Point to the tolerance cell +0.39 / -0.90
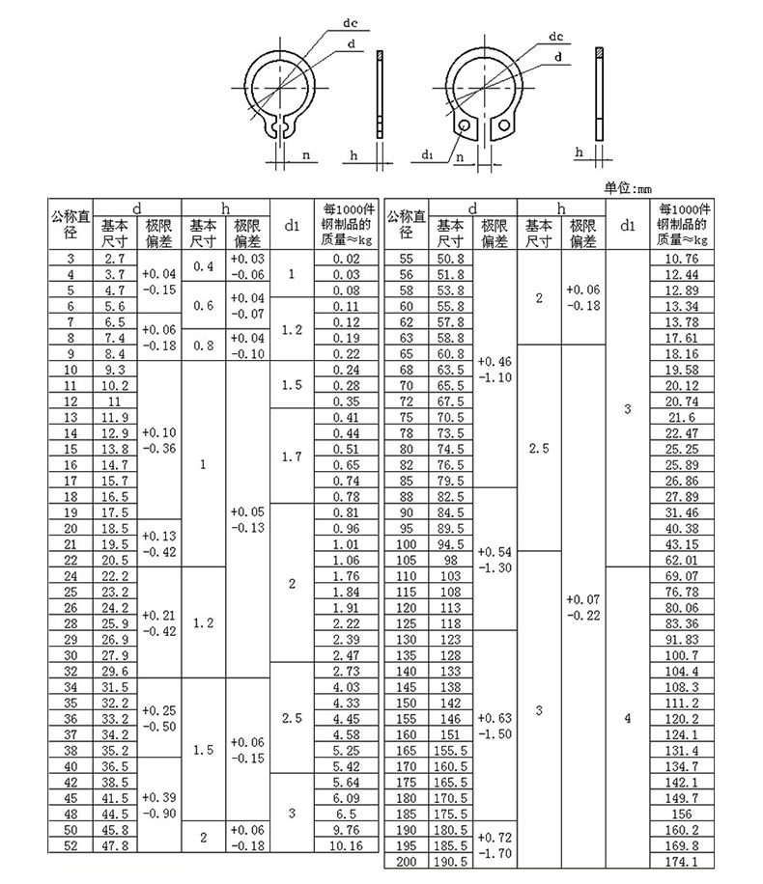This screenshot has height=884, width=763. pos(158,806)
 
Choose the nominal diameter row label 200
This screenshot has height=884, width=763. pos(406,861)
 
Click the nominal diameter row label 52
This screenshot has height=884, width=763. pos(70,846)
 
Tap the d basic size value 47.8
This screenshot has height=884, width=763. pos(115,846)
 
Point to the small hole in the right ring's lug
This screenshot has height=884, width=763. pos(466,125)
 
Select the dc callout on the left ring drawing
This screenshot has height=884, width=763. pos(352,22)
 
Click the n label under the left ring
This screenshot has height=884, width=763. pos(305,154)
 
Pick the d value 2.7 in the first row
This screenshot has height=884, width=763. pos(115,260)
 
